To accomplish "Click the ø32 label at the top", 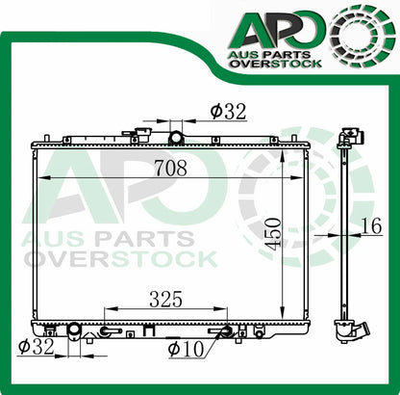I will [x=229, y=111].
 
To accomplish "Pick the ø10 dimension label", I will [x=184, y=348].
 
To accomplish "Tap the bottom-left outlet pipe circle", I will [x=71, y=333].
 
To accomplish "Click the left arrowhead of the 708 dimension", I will [x=41, y=180].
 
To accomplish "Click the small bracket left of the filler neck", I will [x=144, y=135].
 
